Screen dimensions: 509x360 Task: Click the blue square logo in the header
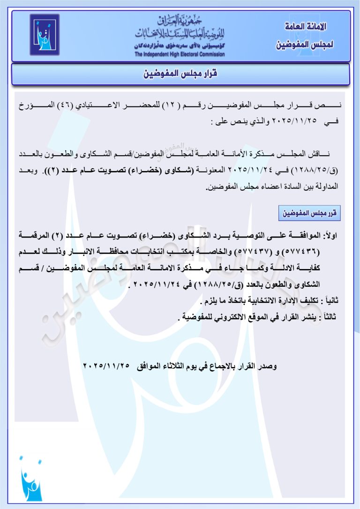(45, 35)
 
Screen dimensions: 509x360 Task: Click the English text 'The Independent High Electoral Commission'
(180, 54)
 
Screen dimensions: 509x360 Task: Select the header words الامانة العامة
(306, 26)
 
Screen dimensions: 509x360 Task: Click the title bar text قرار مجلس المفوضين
(180, 74)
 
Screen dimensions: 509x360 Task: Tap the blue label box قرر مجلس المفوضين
(309, 213)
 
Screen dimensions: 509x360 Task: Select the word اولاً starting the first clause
(335, 234)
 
